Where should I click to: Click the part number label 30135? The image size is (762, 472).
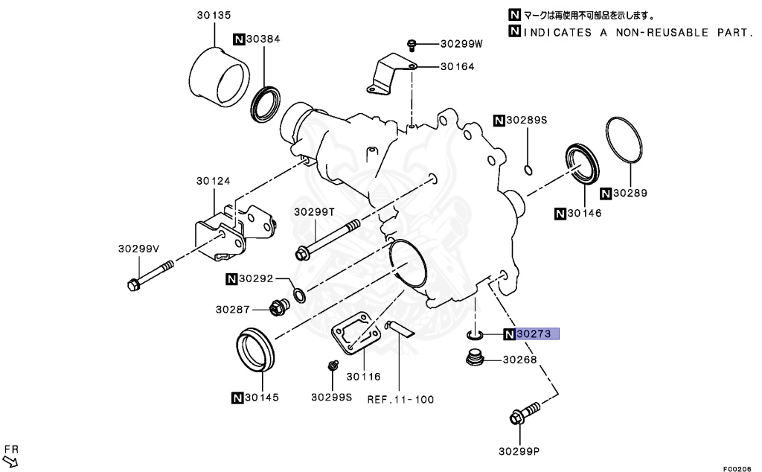tap(214, 13)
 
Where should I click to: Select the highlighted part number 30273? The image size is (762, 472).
tap(536, 334)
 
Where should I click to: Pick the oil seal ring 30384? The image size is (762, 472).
tap(266, 103)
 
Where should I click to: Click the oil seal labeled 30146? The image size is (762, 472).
tap(581, 162)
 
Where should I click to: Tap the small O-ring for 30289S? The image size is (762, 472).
tap(528, 169)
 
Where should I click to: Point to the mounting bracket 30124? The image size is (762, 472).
tap(231, 230)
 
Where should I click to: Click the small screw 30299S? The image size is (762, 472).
tap(333, 365)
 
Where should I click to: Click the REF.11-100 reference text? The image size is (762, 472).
tap(400, 399)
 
